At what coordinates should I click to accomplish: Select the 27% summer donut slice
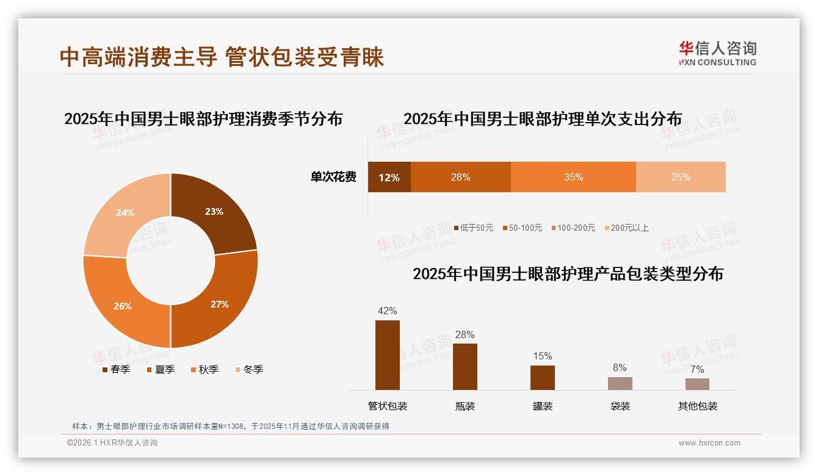tap(219, 303)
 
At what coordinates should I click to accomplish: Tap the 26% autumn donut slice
tap(123, 305)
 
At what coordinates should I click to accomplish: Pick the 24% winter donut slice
tap(126, 213)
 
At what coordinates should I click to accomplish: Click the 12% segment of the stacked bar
tap(389, 178)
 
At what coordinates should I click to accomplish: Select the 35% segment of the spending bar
tap(573, 178)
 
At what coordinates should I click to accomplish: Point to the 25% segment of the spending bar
tap(681, 178)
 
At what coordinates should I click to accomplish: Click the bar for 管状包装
tap(388, 355)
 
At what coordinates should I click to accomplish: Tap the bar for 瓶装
tap(465, 367)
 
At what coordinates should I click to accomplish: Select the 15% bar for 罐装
tap(542, 378)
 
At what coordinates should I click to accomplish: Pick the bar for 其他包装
tap(697, 384)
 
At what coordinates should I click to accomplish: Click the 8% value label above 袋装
tap(620, 367)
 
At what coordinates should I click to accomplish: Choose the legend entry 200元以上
tap(626, 228)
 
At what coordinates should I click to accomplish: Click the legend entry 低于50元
tap(474, 228)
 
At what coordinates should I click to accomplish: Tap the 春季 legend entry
tap(116, 369)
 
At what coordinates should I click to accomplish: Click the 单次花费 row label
tap(333, 178)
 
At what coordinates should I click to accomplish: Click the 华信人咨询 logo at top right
tap(717, 53)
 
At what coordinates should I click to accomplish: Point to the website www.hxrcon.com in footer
tap(709, 443)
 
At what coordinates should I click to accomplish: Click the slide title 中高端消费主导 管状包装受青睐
tap(222, 57)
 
